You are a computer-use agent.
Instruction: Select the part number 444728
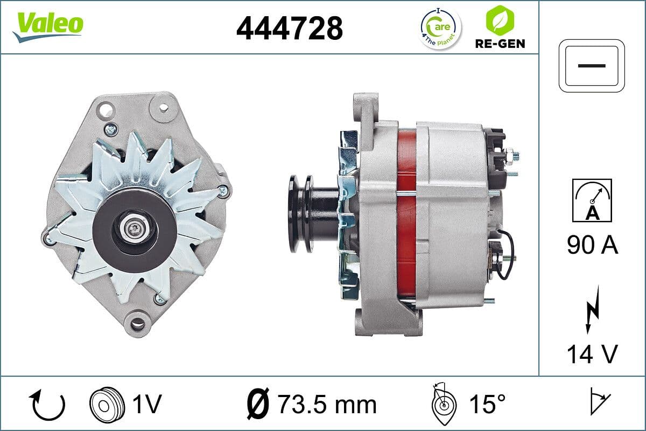289,27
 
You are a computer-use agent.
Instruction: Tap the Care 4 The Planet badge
440,27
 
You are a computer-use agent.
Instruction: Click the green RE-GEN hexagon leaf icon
500,20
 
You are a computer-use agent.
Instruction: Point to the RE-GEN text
500,43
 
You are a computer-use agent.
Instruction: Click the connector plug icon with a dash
592,65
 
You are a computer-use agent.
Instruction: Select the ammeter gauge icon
592,200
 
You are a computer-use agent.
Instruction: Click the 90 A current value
592,246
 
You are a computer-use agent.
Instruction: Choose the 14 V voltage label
592,354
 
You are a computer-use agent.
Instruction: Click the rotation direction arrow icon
48,405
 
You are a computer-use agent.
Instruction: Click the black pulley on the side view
299,212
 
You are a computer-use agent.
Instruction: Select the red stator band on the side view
406,215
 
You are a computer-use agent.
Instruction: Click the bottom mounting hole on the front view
138,324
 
